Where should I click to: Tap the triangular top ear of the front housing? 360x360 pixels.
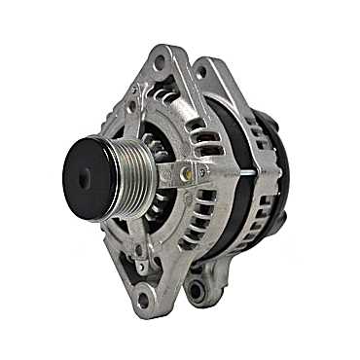coord(161,73)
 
